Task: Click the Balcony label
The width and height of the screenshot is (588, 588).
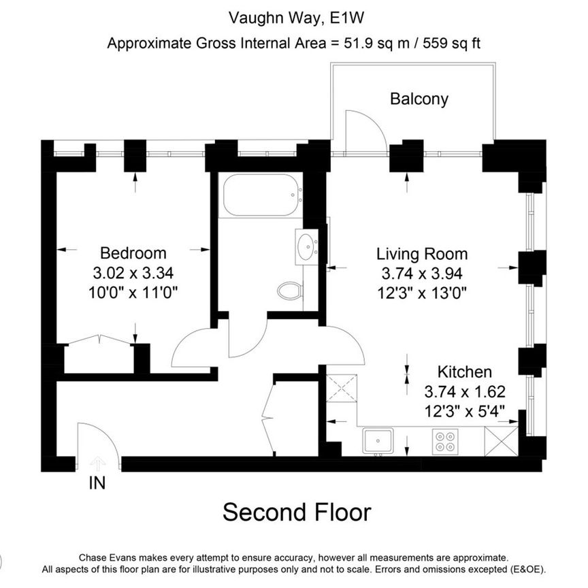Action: click(x=419, y=99)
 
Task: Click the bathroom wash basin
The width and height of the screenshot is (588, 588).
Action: click(x=308, y=245)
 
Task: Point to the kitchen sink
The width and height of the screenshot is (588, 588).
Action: click(x=376, y=441)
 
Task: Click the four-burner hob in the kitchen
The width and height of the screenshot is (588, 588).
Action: click(x=446, y=442)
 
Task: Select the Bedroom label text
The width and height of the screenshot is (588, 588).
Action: click(x=133, y=253)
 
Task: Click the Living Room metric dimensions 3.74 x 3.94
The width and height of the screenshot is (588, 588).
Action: click(x=422, y=274)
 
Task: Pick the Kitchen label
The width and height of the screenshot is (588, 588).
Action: click(x=464, y=372)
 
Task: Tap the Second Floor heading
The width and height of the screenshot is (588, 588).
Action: click(x=297, y=512)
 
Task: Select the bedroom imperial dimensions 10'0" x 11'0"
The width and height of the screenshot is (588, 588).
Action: click(x=133, y=293)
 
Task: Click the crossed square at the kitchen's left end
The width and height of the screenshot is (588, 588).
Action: click(x=342, y=389)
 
